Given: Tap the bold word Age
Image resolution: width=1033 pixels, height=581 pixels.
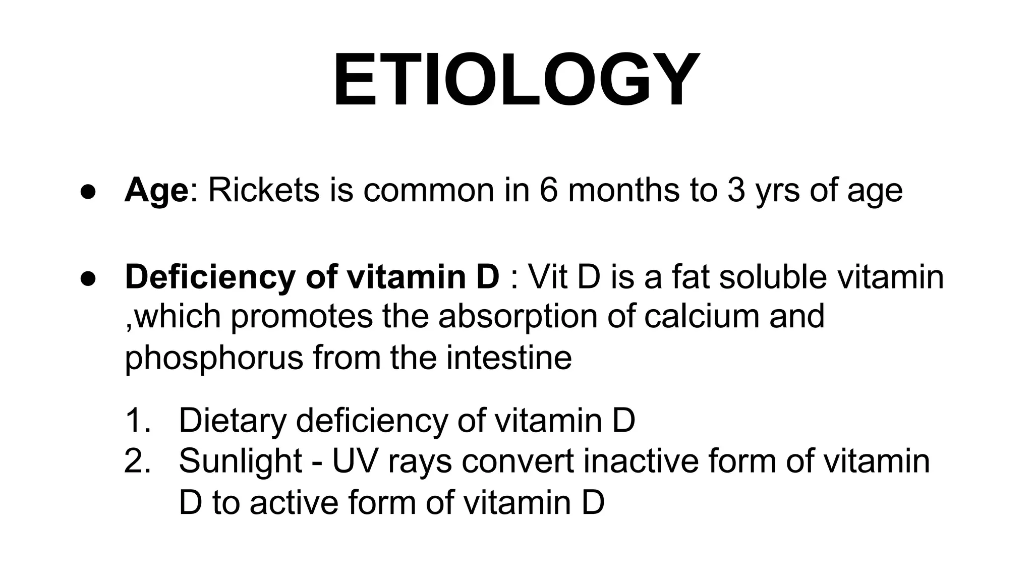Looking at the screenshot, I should [x=156, y=191].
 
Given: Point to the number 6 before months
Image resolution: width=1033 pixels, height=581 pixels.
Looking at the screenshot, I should [x=548, y=191].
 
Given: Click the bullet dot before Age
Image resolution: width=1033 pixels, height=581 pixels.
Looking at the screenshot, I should [x=88, y=193].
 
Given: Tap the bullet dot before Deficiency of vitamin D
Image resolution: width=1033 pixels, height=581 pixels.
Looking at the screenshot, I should [x=88, y=279].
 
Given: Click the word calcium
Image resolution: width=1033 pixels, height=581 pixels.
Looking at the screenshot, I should [x=702, y=316].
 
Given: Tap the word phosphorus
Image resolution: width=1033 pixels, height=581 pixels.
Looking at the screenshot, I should [x=214, y=359].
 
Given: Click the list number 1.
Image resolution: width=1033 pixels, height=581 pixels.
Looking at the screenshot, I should [x=137, y=420].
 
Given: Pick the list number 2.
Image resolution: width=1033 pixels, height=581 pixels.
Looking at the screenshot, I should [x=138, y=461].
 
